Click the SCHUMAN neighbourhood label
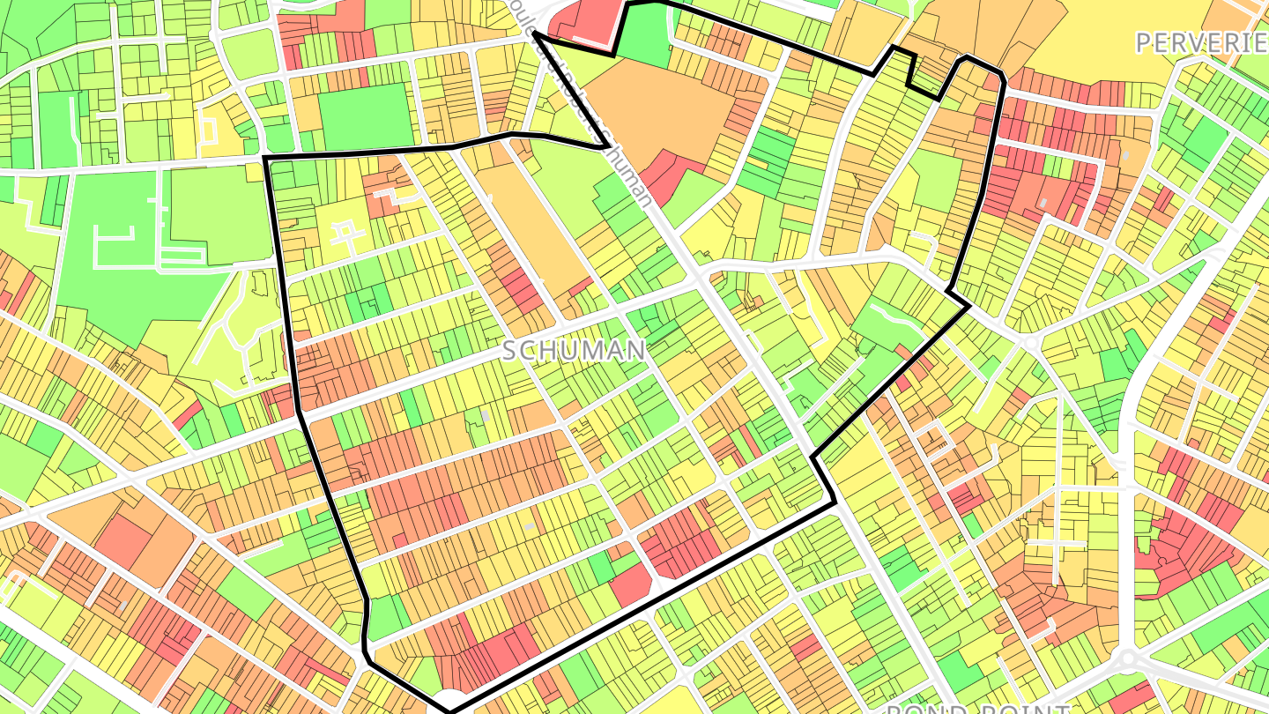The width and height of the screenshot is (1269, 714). (575, 351)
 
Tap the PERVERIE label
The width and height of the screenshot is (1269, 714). (1201, 42)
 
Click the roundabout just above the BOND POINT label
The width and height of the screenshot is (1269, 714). (1128, 659)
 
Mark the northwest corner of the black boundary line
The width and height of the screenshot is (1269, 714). (266, 158)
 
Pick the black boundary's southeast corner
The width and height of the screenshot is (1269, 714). (834, 503)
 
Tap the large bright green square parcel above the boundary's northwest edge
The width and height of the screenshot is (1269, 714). (365, 118)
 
